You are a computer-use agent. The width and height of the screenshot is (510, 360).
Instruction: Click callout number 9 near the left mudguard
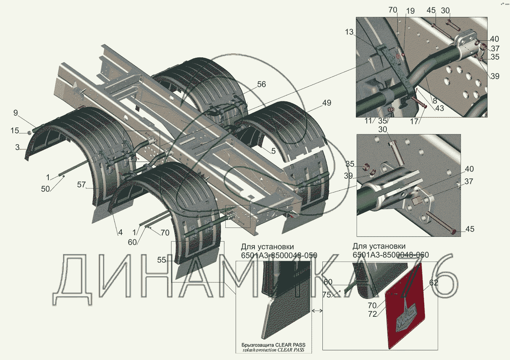click(x=16, y=113)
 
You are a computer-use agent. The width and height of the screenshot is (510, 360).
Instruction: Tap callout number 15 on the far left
click(x=15, y=130)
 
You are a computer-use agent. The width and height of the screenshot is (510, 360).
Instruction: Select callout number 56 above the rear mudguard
click(x=261, y=84)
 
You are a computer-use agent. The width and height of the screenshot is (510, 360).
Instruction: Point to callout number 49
click(x=326, y=103)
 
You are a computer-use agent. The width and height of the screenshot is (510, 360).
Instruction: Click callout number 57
click(x=81, y=185)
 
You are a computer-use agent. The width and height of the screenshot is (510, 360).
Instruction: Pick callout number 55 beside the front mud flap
click(x=162, y=260)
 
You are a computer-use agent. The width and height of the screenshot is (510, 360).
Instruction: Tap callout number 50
click(x=45, y=189)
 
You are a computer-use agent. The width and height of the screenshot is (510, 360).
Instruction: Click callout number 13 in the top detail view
click(x=349, y=32)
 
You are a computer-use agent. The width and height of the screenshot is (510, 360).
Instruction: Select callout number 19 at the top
click(x=410, y=11)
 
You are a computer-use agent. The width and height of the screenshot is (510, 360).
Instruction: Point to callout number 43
click(x=439, y=108)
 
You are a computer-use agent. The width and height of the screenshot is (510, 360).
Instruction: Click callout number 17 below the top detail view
click(x=414, y=121)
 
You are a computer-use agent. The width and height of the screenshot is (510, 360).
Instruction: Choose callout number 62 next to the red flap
click(x=434, y=283)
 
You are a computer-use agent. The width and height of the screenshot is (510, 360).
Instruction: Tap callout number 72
click(x=373, y=314)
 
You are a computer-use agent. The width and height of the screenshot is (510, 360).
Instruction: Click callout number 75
click(x=326, y=295)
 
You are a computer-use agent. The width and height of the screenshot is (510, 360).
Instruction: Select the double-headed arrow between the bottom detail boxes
click(x=317, y=311)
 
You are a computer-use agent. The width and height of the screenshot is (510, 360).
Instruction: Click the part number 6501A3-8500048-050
click(x=279, y=255)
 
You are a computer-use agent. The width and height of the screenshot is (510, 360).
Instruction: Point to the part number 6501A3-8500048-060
click(x=390, y=255)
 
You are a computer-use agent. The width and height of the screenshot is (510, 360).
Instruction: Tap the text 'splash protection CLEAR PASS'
click(x=273, y=350)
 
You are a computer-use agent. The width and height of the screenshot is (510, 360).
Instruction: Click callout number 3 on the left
click(x=17, y=147)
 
